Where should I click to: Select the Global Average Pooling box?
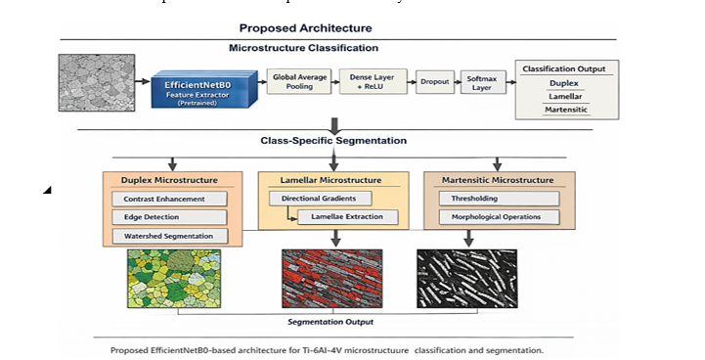(299, 81)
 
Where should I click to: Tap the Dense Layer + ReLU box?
(373, 81)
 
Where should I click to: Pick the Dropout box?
(435, 82)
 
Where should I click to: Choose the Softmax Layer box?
(483, 82)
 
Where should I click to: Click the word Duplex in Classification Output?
(564, 83)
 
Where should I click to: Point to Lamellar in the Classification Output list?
(565, 96)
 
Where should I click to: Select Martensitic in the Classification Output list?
(566, 110)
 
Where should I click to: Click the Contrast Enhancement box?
(169, 199)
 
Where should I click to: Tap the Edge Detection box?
(169, 217)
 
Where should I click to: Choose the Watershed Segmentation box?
(170, 237)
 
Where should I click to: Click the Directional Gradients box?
(320, 199)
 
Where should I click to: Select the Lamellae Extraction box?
(347, 217)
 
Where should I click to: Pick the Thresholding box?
(499, 199)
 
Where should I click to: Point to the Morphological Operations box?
(499, 217)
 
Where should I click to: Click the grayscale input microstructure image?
(97, 83)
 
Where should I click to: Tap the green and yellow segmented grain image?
(174, 279)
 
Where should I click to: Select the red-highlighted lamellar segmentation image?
(332, 279)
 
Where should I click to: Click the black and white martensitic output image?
(467, 279)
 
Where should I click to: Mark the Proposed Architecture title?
(306, 28)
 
